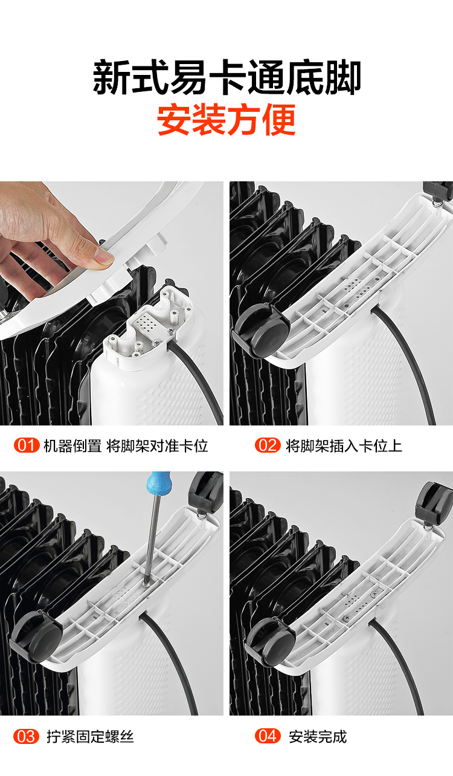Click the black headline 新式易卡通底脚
[227, 77]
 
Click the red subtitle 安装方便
[226, 120]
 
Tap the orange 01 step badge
[27, 445]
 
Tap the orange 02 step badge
[268, 445]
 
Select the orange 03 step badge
[26, 736]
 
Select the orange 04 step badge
[268, 736]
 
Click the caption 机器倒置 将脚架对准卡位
[126, 445]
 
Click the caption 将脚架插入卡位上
[344, 445]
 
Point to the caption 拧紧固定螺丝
[90, 737]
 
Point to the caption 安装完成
[318, 736]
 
